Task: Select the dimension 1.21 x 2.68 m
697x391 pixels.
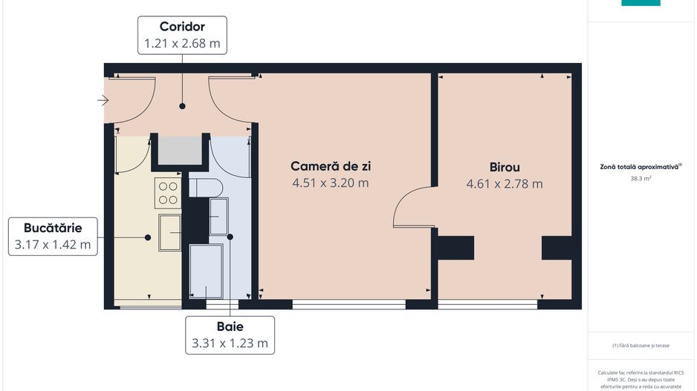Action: (x=182, y=44)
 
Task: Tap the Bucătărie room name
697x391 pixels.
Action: (x=52, y=228)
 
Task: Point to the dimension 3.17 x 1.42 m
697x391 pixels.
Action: (x=52, y=243)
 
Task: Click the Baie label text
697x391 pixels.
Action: (x=230, y=326)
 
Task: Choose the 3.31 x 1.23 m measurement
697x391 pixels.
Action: (x=230, y=343)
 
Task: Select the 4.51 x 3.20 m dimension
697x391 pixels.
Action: (x=329, y=183)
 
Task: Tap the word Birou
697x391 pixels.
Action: (x=505, y=167)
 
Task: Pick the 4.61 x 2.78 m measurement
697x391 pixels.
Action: (x=505, y=183)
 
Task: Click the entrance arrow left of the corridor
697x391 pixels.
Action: (x=103, y=101)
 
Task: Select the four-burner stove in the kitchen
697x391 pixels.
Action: (x=168, y=191)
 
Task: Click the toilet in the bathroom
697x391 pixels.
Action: (x=201, y=186)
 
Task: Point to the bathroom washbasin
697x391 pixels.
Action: (x=218, y=216)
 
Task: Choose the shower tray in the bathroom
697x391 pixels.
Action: (x=206, y=270)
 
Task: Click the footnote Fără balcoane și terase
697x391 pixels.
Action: (x=641, y=345)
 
